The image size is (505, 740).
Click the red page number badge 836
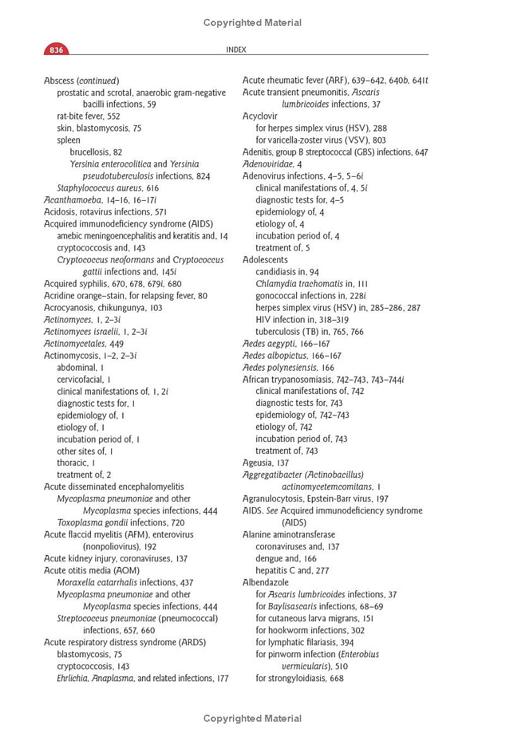click(56, 50)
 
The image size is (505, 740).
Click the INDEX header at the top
click(236, 50)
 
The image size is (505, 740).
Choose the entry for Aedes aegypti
click(286, 343)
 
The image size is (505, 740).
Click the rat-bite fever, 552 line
click(88, 116)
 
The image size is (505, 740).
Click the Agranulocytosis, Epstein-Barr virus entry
click(316, 499)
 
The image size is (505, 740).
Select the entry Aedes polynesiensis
click(288, 367)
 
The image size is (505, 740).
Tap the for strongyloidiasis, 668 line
click(300, 678)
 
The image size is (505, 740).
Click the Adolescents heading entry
click(265, 260)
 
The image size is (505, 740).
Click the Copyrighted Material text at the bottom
click(252, 719)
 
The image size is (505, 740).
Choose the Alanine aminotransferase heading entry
click(289, 535)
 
